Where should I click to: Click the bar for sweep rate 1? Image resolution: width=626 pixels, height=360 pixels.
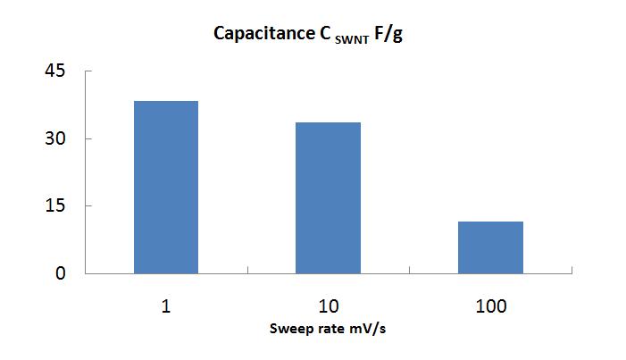pos(166,187)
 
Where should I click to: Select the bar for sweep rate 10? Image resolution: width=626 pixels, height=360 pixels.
pos(329,197)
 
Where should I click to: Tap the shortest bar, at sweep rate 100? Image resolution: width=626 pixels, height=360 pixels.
pos(490,247)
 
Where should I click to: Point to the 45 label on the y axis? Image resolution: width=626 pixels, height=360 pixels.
pos(55,71)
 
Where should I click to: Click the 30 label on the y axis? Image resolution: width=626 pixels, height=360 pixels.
pos(55,138)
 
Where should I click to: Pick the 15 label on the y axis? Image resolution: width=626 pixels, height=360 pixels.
pos(55,205)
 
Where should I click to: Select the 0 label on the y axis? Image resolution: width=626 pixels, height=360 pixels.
pos(61,273)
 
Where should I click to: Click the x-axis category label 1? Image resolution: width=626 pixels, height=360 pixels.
pos(166,306)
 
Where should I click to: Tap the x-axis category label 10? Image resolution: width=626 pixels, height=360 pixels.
pos(329,306)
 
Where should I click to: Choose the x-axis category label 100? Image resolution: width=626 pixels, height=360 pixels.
pos(490,306)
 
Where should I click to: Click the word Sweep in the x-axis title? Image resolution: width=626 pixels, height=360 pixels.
pos(289,329)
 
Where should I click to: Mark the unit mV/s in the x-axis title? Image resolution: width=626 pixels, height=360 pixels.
pos(370,329)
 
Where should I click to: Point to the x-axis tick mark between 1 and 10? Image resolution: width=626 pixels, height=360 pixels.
pos(247,276)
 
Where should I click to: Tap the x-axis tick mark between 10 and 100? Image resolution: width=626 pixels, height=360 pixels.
pos(410,276)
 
